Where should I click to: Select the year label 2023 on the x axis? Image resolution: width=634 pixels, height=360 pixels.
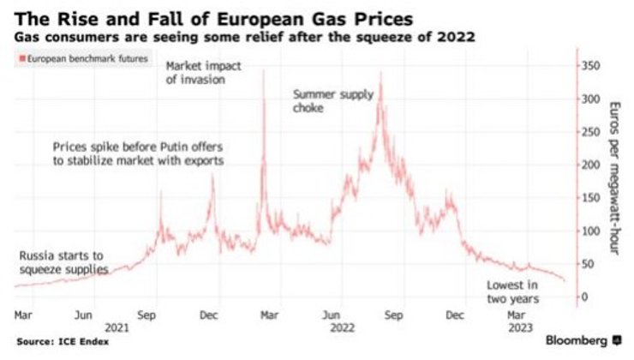(x=520, y=327)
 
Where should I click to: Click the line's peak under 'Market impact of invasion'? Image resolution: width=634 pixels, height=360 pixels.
(x=262, y=71)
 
